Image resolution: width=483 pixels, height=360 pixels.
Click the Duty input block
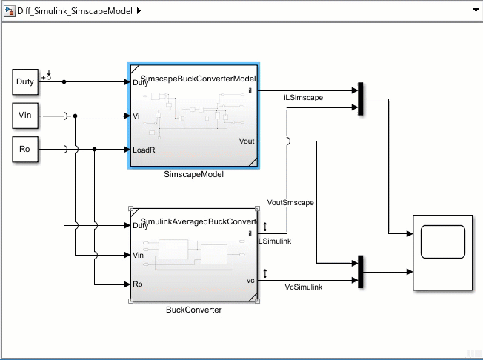click(25, 81)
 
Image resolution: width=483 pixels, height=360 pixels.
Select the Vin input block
click(25, 116)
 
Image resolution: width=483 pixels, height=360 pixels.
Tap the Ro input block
click(25, 150)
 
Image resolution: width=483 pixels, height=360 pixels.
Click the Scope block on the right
click(442, 252)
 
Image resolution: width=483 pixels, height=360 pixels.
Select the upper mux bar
click(360, 99)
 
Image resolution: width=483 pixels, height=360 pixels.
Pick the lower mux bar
click(360, 272)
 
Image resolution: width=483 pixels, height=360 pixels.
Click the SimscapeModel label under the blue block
click(193, 175)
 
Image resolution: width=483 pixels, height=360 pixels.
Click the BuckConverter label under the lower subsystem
click(193, 310)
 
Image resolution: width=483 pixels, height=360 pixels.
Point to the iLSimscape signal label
click(303, 97)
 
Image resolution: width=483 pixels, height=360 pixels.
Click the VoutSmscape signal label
click(290, 202)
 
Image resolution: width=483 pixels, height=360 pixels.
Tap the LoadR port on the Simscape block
click(143, 150)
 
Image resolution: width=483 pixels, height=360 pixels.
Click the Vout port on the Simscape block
click(247, 140)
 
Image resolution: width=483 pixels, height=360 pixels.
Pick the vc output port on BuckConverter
click(250, 281)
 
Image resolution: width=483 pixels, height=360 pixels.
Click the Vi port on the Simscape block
click(136, 116)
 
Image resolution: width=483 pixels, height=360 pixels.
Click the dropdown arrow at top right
click(474, 10)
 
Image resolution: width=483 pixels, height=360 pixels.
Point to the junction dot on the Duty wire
click(64, 81)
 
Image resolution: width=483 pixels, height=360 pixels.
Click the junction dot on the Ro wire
click(95, 150)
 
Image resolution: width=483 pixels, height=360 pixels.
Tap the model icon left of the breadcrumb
click(9, 10)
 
